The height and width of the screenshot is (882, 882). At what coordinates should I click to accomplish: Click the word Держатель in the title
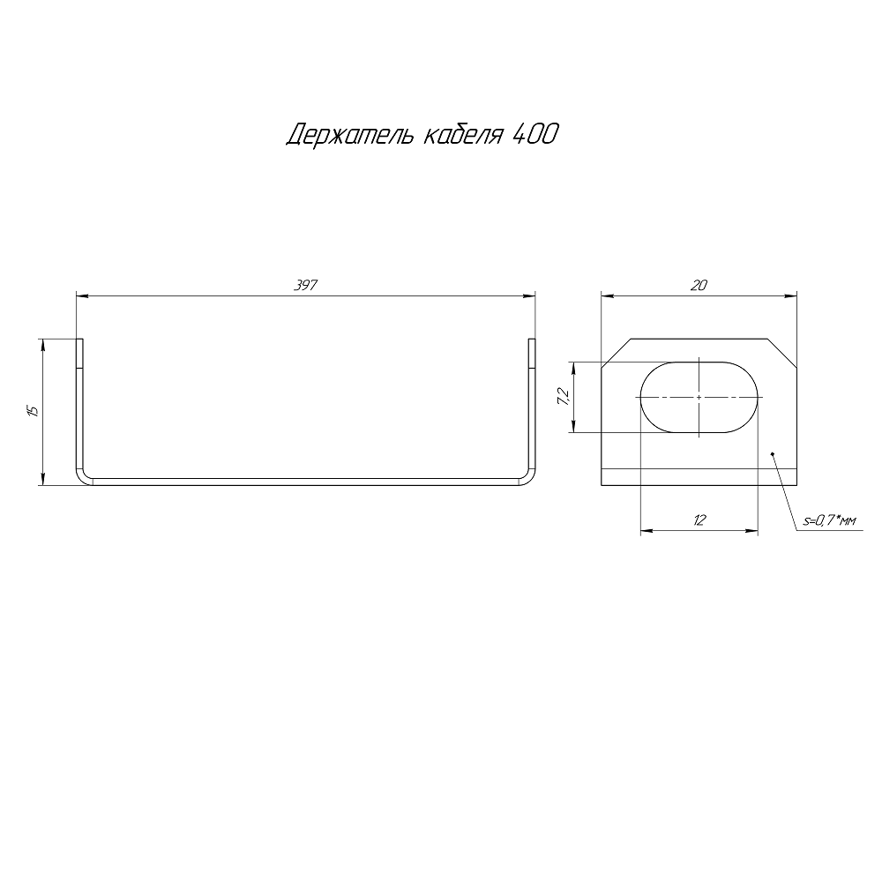(x=351, y=135)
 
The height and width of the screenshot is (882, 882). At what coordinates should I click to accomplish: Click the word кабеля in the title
(x=462, y=134)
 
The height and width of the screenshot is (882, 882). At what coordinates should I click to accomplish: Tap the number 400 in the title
(x=534, y=134)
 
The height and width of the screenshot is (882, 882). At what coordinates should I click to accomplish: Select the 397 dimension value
(x=306, y=285)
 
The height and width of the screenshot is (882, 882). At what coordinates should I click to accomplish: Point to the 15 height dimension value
(x=33, y=411)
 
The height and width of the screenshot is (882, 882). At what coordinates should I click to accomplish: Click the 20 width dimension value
(x=699, y=285)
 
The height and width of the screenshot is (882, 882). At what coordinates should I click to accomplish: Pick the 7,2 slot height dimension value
(x=564, y=397)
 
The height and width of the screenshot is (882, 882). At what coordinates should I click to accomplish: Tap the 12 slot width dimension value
(x=699, y=519)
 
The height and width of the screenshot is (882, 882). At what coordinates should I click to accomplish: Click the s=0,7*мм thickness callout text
(x=829, y=521)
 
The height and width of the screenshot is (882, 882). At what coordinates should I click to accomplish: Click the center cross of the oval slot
(x=699, y=397)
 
